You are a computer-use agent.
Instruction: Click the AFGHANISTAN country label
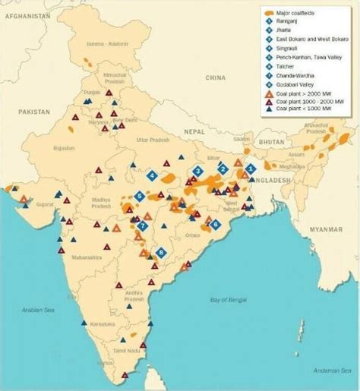(27, 15)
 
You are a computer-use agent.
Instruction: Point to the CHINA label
(216, 77)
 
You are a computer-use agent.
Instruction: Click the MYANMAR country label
(326, 229)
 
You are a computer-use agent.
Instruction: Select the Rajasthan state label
(63, 148)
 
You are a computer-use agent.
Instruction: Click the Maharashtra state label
(87, 257)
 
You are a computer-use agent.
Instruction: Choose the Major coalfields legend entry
(296, 14)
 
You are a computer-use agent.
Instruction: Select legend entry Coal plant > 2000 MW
(302, 93)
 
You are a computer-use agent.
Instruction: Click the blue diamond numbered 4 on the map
(152, 175)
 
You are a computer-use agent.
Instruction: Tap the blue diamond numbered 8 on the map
(159, 252)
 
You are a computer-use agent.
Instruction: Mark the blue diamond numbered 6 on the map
(216, 224)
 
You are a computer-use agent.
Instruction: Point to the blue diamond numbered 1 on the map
(250, 169)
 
